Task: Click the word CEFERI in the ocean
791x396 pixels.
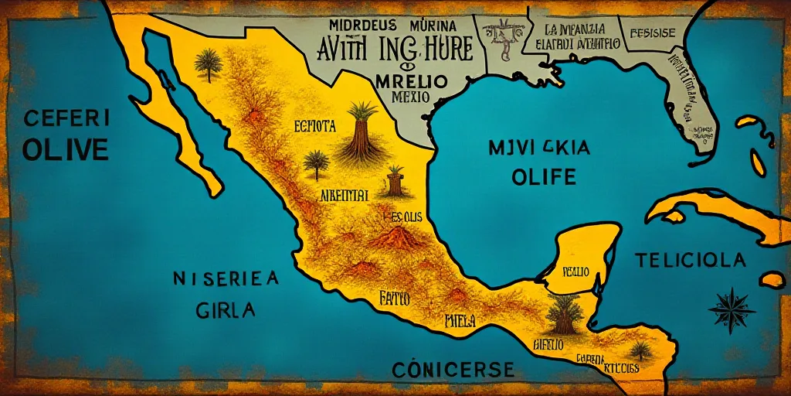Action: point(65,119)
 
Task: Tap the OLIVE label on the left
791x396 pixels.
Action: point(65,148)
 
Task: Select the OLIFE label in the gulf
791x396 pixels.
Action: point(544,177)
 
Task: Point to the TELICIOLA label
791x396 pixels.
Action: point(690,260)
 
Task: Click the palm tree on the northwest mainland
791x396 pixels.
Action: point(208,65)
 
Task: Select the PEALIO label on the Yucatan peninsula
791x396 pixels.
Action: point(575,271)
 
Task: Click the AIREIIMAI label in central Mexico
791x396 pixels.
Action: point(344,195)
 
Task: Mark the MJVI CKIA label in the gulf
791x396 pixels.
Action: point(539,147)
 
